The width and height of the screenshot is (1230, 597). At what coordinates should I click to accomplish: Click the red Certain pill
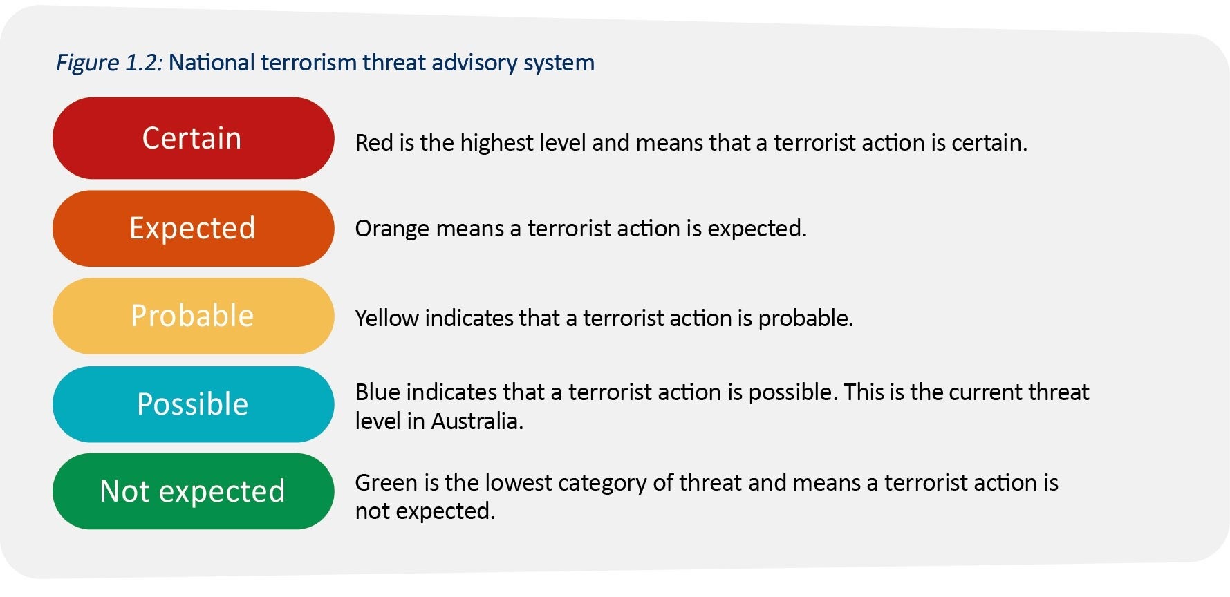pos(193,138)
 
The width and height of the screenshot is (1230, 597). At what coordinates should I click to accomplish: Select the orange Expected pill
pos(193,228)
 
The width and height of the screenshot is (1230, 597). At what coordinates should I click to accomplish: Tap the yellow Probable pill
pos(193,316)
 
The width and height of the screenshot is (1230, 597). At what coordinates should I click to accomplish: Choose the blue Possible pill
pos(193,404)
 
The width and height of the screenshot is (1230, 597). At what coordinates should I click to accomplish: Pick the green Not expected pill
pos(193,491)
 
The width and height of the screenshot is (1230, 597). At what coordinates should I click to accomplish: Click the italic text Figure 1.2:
pos(109,63)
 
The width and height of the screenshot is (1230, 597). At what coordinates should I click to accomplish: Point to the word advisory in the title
pos(474,63)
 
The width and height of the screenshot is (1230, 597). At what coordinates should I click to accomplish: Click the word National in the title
pos(212,62)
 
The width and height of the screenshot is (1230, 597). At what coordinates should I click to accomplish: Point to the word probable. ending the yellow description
pos(805,319)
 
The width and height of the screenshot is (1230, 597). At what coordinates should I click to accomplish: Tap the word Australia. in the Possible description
pos(477,421)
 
